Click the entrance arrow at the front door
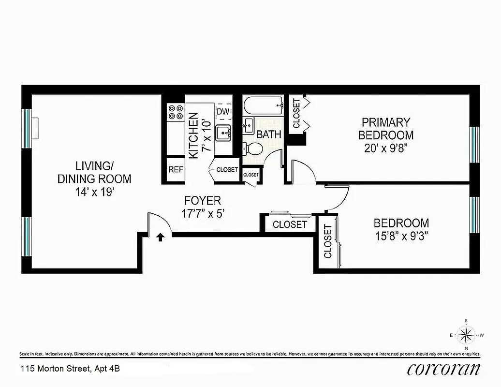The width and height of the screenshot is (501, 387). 160,237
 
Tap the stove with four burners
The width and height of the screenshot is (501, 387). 176,112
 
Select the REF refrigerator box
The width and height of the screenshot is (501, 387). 175,170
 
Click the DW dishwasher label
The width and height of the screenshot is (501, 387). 222,112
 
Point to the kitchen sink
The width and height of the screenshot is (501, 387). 223,131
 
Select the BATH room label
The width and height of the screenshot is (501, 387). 268,134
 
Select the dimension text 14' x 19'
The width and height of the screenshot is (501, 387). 94,192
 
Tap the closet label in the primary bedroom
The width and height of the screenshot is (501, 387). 296,114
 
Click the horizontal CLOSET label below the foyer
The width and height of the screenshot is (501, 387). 290,224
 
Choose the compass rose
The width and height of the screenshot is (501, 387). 466,334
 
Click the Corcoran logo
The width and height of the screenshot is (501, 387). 444,369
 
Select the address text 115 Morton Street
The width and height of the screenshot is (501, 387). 70,369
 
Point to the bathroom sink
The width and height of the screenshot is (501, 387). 248,125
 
